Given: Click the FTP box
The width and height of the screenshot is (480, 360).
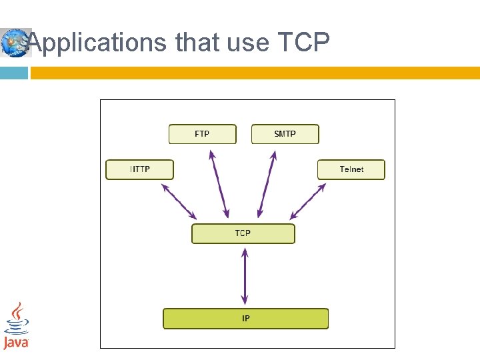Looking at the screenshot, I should pos(202,134).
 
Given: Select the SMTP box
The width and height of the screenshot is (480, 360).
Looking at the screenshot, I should pos(285,134).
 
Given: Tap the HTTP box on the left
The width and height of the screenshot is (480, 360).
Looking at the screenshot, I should pos(139,169).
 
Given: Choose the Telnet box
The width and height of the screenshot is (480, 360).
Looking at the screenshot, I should pos(351,169).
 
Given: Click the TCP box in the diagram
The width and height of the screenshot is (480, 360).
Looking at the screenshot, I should pos(243,233).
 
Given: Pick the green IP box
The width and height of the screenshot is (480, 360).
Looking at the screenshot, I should pos(246,319).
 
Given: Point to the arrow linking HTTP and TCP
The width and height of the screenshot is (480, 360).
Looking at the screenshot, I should pos(179,201).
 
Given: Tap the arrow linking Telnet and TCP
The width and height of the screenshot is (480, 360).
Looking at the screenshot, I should pos(308,201).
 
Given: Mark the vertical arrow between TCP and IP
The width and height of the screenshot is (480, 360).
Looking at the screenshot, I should pos(245,275).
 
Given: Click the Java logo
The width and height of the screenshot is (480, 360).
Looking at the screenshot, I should pos(16,326).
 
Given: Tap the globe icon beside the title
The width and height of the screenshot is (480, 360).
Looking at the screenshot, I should pos(15,43).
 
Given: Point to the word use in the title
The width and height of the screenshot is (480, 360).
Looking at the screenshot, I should pos(248,43).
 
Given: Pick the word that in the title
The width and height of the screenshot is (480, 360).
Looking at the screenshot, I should pos(196,43).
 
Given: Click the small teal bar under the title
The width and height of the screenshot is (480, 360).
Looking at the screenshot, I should pos(13,73).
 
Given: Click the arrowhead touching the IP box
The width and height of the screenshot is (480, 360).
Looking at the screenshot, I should pos(245,301).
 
